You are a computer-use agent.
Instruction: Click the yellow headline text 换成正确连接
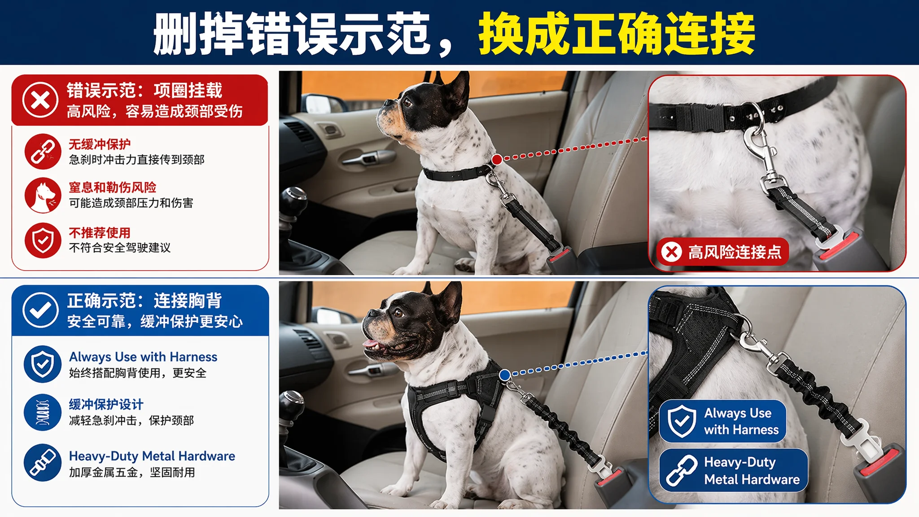(x=617, y=34)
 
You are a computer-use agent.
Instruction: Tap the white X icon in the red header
(x=40, y=100)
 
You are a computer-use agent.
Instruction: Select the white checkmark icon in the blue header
(x=40, y=310)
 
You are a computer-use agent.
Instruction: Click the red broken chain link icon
(x=43, y=151)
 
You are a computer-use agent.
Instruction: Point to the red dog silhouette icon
(x=43, y=195)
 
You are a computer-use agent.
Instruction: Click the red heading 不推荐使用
(x=100, y=232)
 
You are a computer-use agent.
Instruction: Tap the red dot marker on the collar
(x=497, y=159)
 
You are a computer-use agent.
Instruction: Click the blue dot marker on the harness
(x=505, y=375)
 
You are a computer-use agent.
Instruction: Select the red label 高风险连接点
(x=722, y=252)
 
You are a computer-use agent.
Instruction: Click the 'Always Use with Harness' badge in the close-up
(x=723, y=421)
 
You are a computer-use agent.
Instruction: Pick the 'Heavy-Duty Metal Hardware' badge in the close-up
(x=734, y=470)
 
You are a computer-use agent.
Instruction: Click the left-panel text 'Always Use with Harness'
(x=143, y=357)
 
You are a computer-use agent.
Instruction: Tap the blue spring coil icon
(x=43, y=412)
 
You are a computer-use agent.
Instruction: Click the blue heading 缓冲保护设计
(x=106, y=404)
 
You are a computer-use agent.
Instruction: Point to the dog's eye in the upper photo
(x=407, y=102)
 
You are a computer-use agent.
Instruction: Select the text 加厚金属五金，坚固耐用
(x=132, y=472)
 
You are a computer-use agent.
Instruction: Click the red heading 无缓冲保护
(x=100, y=144)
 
